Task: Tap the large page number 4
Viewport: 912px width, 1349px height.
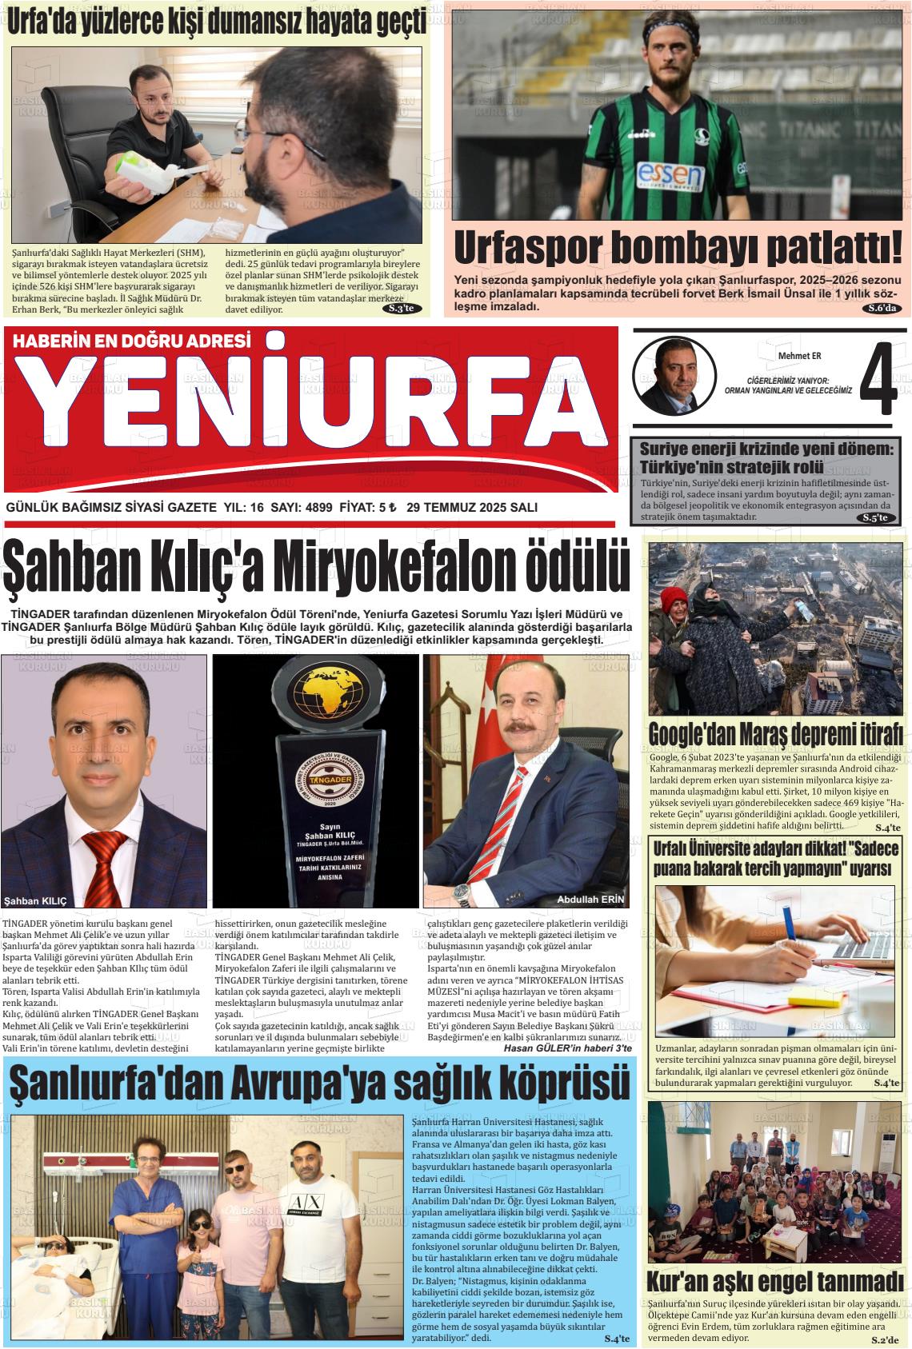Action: [x=878, y=379]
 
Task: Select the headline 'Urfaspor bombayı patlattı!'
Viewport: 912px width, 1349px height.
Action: [x=677, y=249]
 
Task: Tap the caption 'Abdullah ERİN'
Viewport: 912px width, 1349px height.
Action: [x=589, y=900]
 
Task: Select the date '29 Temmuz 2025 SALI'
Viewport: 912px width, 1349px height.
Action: [x=471, y=508]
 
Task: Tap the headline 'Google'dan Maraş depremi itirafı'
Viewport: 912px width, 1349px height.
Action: [x=775, y=732]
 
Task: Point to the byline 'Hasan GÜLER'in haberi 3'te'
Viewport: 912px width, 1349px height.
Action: [x=567, y=1048]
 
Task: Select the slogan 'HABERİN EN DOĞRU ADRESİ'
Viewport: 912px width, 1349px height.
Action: [x=133, y=341]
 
